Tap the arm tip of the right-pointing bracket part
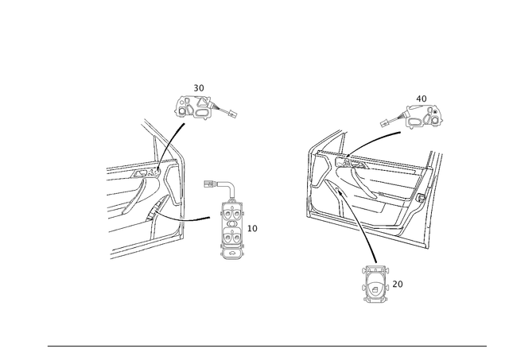coord(235,115)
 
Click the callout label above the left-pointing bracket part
coord(423,98)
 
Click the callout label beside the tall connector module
coord(254,229)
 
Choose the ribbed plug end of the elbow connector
coord(211,184)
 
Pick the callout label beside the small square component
coord(398,282)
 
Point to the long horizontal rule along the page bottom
coord(266,345)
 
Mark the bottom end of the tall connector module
coord(232,257)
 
